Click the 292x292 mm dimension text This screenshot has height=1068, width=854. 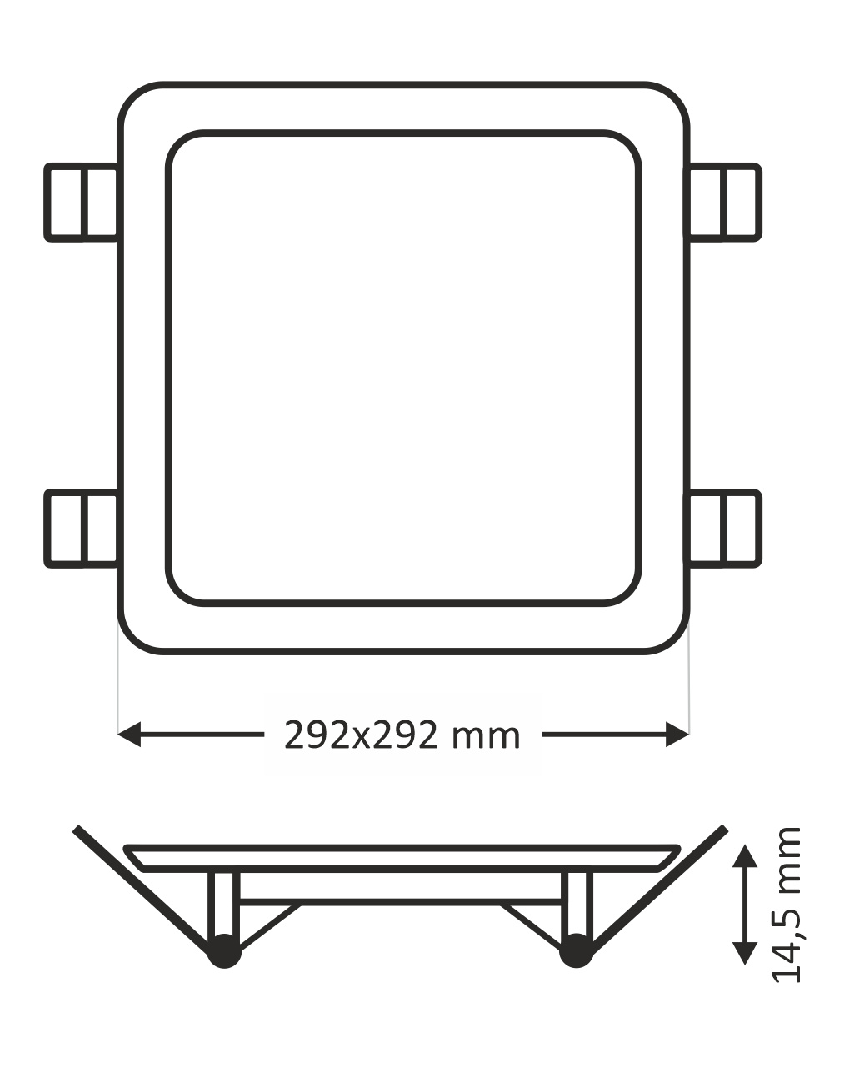pyautogui.click(x=402, y=735)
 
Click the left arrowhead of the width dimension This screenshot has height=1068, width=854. pyautogui.click(x=129, y=735)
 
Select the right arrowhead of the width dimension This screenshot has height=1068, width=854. pyautogui.click(x=677, y=735)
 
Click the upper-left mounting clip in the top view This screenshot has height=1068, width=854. pyautogui.click(x=82, y=203)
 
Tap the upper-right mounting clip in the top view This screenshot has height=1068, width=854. pyautogui.click(x=723, y=203)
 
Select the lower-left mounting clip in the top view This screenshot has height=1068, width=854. pyautogui.click(x=82, y=529)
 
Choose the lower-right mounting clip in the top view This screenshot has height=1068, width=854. pyautogui.click(x=723, y=529)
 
